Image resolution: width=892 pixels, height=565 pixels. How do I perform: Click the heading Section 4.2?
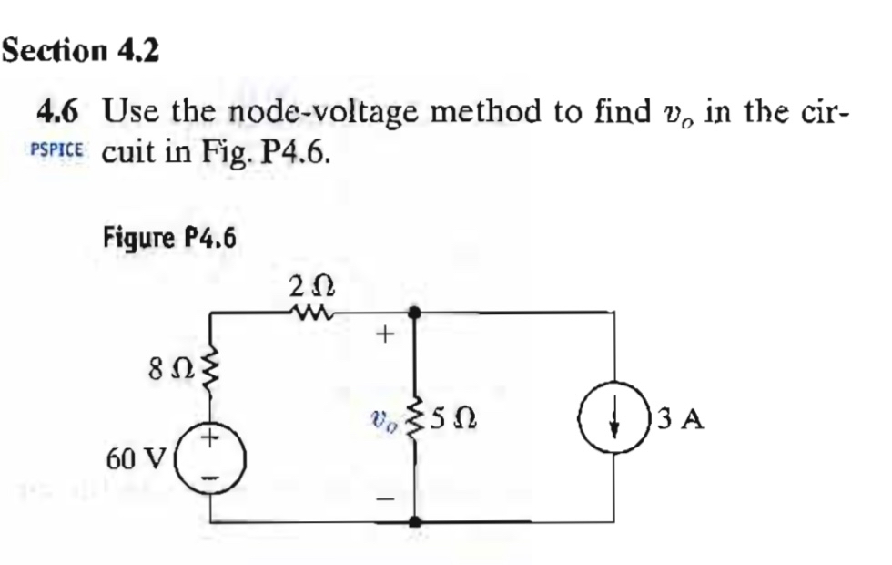(81, 50)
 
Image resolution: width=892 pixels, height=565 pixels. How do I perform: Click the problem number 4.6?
(57, 114)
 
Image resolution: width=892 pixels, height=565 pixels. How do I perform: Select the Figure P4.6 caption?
(169, 240)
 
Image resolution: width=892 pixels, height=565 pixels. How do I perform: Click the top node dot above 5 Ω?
(414, 313)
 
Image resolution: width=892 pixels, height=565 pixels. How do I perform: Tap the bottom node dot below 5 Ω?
(414, 522)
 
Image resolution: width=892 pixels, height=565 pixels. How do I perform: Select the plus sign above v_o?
(384, 337)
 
